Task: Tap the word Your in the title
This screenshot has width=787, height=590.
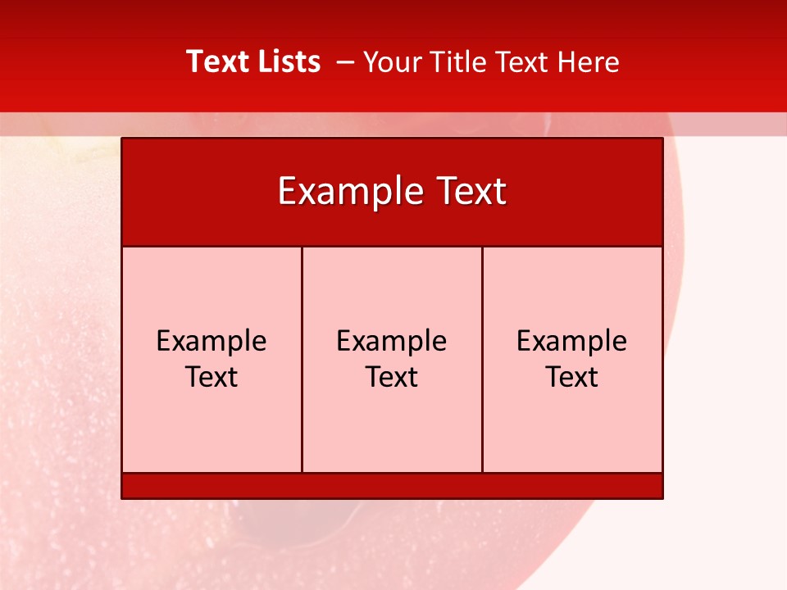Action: pyautogui.click(x=389, y=62)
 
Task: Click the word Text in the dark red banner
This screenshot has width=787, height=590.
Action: pyautogui.click(x=469, y=192)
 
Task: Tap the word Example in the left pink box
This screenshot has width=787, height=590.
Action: pyautogui.click(x=212, y=341)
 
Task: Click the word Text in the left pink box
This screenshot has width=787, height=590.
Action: pyautogui.click(x=212, y=377)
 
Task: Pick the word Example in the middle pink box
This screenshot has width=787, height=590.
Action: pyautogui.click(x=392, y=341)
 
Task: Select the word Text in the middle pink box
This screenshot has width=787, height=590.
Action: pyautogui.click(x=392, y=377)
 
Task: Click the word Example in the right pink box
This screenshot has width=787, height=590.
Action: pyautogui.click(x=572, y=341)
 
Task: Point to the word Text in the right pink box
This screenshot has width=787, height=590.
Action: pyautogui.click(x=572, y=377)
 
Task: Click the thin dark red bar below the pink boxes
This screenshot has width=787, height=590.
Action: pyautogui.click(x=392, y=485)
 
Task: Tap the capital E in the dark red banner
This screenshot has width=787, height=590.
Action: pyautogui.click(x=286, y=192)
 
